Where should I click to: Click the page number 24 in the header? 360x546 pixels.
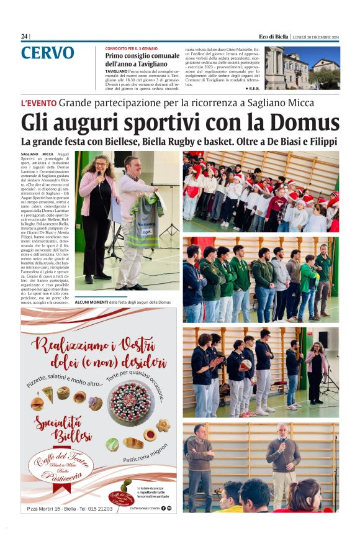(x=24, y=36)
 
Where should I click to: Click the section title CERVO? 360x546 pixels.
(x=47, y=54)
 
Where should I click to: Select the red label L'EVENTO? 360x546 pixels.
(x=39, y=102)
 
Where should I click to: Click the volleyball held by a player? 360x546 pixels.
(x=246, y=365)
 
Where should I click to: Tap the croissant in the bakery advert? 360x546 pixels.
(x=133, y=442)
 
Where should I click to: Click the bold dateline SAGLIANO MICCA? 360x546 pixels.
(x=37, y=153)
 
